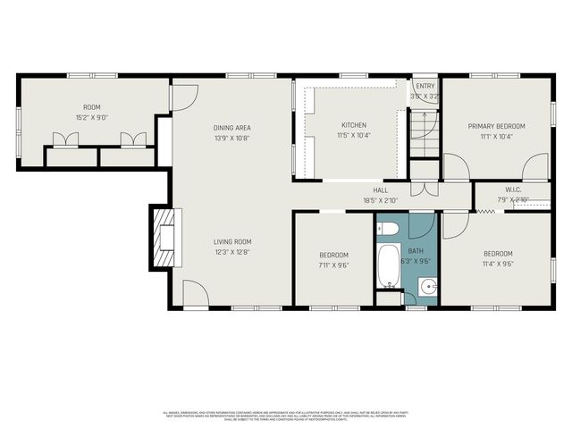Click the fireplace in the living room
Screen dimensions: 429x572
(165, 239)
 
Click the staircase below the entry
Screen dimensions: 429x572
(422, 134)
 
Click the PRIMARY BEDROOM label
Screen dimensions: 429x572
(496, 126)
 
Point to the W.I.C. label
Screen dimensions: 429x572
(512, 189)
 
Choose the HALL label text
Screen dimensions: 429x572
(380, 190)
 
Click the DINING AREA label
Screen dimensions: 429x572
(231, 127)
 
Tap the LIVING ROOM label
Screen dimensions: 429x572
(231, 241)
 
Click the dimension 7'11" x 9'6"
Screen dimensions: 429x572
(332, 265)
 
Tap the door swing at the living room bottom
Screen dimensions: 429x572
(195, 293)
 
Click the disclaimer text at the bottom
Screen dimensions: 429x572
(286, 414)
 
